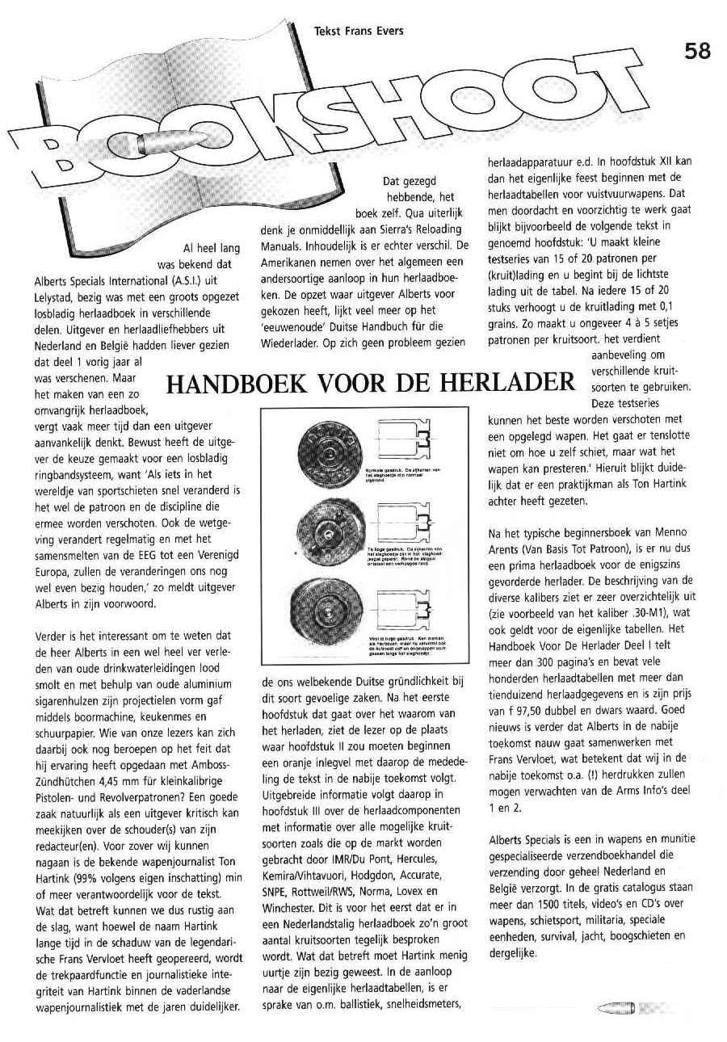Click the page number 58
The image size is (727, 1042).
click(696, 51)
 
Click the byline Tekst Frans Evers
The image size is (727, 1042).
click(359, 32)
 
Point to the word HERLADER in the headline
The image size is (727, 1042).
click(511, 382)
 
